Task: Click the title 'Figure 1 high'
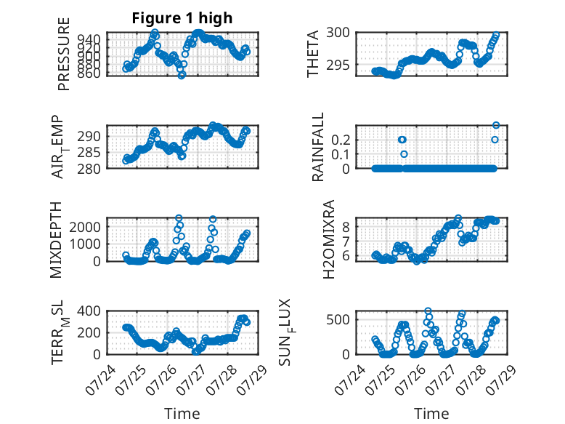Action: point(182,18)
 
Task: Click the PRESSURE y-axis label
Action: point(63,54)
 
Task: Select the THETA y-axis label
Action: point(313,54)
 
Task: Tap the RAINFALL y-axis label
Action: point(318,147)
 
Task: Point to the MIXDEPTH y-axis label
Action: point(56,240)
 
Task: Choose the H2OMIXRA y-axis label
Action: point(329,239)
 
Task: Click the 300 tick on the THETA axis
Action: point(338,33)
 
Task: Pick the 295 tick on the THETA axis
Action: point(338,65)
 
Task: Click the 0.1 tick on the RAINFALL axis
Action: point(341,154)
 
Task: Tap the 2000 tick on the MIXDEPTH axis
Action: point(85,227)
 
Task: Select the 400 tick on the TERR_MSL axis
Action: point(89,311)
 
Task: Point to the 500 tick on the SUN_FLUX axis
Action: point(338,319)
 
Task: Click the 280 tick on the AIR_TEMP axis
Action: point(89,169)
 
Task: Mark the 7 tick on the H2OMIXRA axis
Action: point(346,241)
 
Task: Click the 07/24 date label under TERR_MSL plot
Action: point(100,380)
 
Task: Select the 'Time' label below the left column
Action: point(182,413)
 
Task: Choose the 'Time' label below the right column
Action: point(431,413)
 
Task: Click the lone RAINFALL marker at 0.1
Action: point(404,154)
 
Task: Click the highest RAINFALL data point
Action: point(496,125)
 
